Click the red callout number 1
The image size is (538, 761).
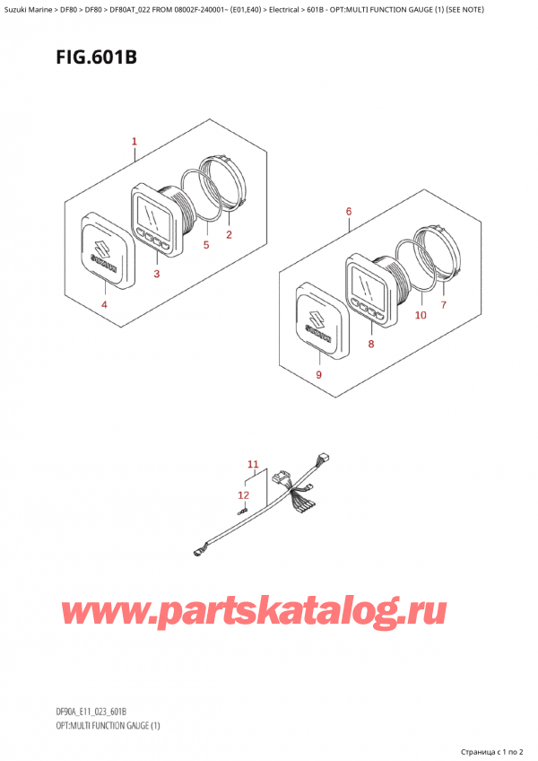[134, 142]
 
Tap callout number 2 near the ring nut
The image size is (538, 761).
[229, 235]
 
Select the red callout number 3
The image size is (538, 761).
[157, 274]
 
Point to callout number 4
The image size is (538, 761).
[104, 305]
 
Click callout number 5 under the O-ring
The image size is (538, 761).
[206, 245]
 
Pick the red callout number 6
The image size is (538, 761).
[349, 212]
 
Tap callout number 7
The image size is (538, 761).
[443, 305]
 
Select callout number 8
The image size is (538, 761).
[371, 344]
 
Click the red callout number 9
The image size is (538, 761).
[318, 375]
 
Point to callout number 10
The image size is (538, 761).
[421, 315]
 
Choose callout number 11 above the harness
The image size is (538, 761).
[253, 465]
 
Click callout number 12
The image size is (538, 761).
[244, 495]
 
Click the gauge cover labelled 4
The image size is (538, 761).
[108, 251]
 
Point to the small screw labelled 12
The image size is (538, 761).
[241, 511]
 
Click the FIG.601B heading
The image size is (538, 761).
[97, 57]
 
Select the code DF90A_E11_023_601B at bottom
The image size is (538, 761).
[91, 712]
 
